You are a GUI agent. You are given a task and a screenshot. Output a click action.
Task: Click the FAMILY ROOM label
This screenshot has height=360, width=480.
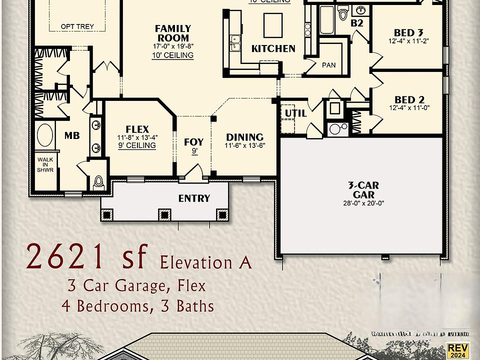172,33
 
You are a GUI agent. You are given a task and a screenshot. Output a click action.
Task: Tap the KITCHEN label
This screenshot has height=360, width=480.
273,48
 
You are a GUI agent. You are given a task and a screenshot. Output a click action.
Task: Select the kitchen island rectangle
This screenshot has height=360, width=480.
273,25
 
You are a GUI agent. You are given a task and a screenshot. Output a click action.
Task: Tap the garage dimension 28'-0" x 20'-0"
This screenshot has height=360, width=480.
364,203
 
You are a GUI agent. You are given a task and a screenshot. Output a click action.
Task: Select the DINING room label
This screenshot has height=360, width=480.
244,137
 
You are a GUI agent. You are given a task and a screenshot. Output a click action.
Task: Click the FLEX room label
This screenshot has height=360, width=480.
137,129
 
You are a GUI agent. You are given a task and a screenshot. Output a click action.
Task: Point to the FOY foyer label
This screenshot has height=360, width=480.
193,142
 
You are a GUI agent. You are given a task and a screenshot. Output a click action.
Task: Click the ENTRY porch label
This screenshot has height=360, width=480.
194,198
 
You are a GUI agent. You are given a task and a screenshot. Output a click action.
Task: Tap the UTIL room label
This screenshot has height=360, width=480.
295,113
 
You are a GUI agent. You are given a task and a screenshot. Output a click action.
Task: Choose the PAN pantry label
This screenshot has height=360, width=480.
328,65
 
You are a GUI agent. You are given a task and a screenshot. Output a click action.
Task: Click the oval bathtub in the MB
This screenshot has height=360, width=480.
46,135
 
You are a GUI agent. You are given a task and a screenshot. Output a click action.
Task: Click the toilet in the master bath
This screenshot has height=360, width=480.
98,181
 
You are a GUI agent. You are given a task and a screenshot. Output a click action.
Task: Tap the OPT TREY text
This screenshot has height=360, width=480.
77,26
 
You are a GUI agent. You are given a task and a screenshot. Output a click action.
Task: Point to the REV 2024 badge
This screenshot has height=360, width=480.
458,349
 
